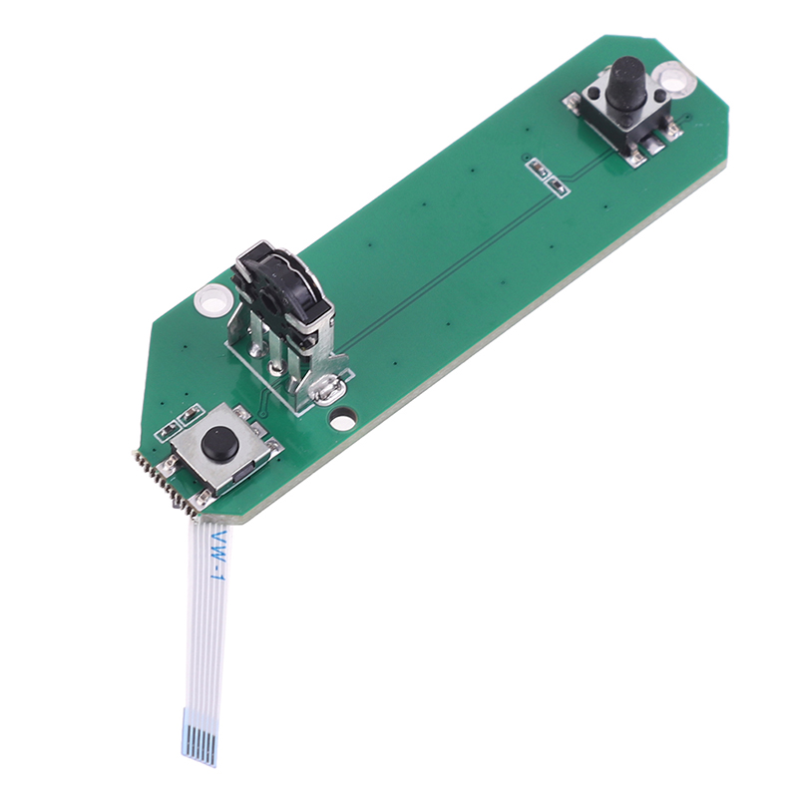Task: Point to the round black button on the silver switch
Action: coord(220,442)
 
